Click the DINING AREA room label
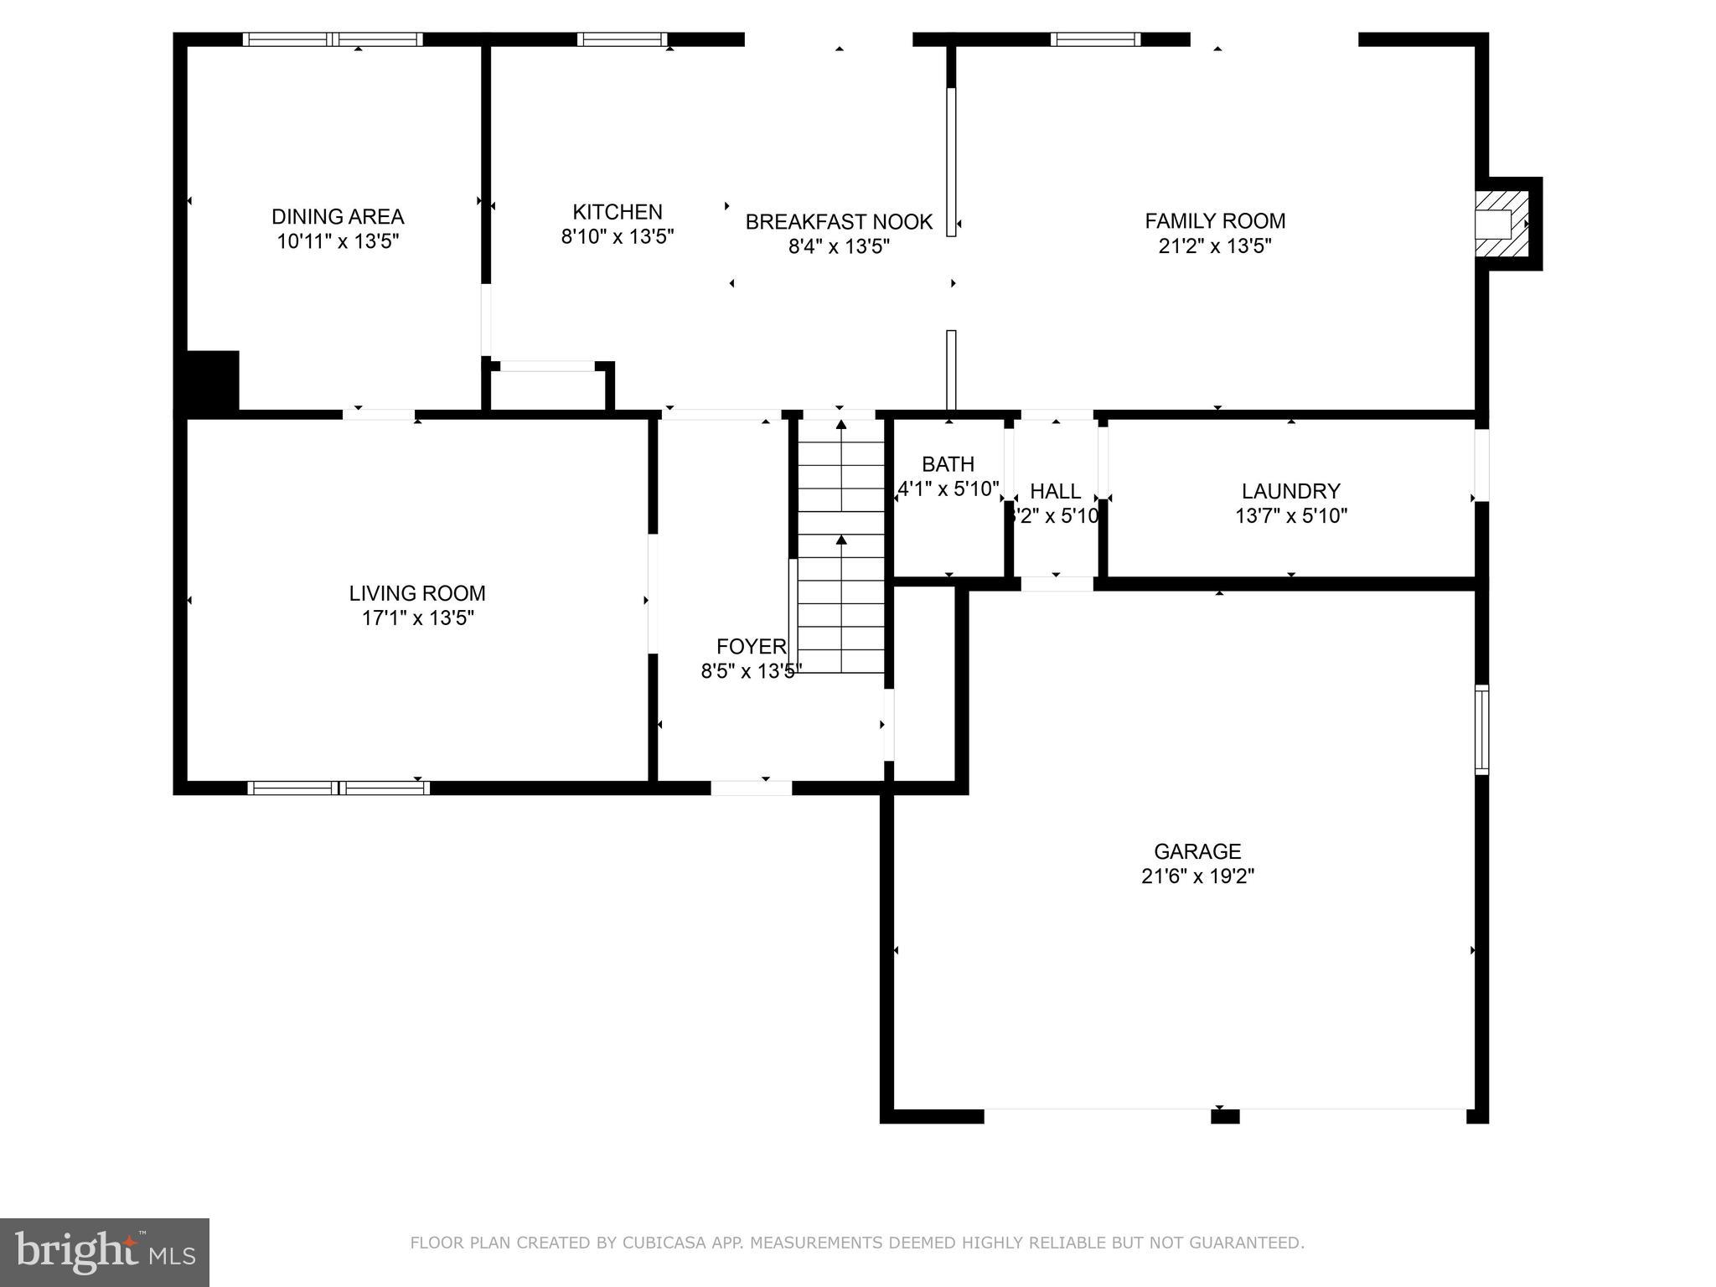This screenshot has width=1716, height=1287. (x=338, y=216)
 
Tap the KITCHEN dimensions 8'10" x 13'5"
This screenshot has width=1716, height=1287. (x=618, y=237)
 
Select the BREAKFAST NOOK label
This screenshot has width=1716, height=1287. (x=839, y=222)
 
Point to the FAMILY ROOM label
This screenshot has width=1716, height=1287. (x=1215, y=221)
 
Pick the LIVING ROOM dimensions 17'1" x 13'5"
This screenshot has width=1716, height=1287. (x=417, y=618)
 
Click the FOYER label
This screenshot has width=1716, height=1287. (x=751, y=646)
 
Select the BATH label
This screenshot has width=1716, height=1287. (x=948, y=464)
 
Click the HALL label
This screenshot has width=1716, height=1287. (x=1055, y=491)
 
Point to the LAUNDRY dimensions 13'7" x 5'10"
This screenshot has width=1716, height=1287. (x=1291, y=516)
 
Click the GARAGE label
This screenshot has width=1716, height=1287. (x=1197, y=851)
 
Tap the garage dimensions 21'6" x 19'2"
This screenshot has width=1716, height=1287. (x=1197, y=876)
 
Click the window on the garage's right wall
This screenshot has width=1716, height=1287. (x=1481, y=729)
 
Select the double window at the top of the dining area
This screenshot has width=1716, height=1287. (x=333, y=39)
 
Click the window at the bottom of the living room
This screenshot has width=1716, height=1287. (x=339, y=788)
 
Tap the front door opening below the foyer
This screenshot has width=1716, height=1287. (x=751, y=788)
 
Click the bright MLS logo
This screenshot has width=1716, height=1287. (x=104, y=1252)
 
